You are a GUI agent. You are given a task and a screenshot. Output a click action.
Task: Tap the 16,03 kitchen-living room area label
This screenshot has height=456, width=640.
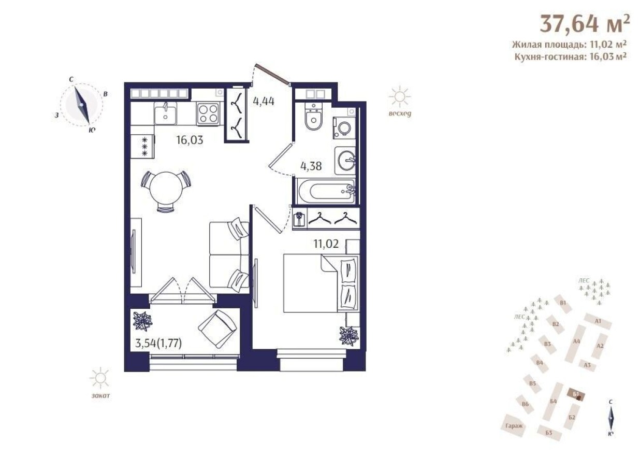188,140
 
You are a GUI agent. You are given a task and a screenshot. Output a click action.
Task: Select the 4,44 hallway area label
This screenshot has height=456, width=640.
263,101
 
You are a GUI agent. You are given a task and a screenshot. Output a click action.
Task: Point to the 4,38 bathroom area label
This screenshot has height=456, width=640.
312,166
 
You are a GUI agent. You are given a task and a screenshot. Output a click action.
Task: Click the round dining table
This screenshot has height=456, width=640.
166,189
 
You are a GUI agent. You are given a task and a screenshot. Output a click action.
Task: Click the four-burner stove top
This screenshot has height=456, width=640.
208,113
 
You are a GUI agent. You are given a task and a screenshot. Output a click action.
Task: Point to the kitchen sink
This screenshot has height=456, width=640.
166,113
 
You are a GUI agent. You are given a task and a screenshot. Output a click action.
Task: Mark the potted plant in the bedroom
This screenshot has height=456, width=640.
348,336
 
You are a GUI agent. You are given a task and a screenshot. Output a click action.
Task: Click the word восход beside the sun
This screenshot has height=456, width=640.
399,115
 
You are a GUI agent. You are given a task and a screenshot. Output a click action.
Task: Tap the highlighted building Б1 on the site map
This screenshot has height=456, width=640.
575,395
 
